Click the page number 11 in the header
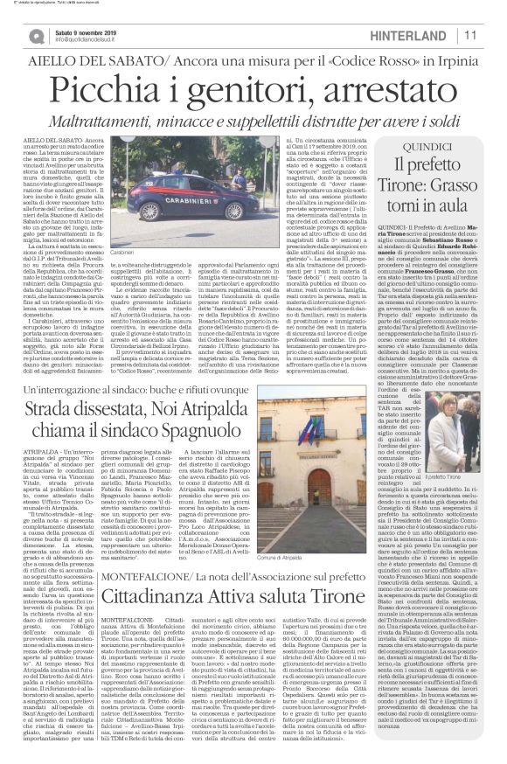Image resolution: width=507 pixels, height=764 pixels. tap(493, 34)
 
